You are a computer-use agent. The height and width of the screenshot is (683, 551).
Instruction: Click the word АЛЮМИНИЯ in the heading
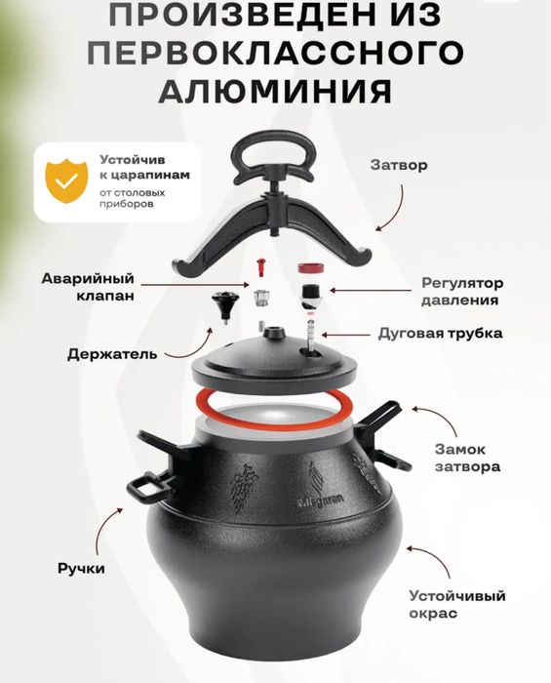(275, 90)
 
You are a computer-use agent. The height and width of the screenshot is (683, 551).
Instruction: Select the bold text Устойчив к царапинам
(144, 167)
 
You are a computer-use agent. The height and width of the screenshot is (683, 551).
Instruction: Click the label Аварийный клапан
(88, 285)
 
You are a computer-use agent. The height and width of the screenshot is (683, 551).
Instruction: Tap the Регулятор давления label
(460, 292)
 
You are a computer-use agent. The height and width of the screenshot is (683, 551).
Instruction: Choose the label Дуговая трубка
(440, 333)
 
